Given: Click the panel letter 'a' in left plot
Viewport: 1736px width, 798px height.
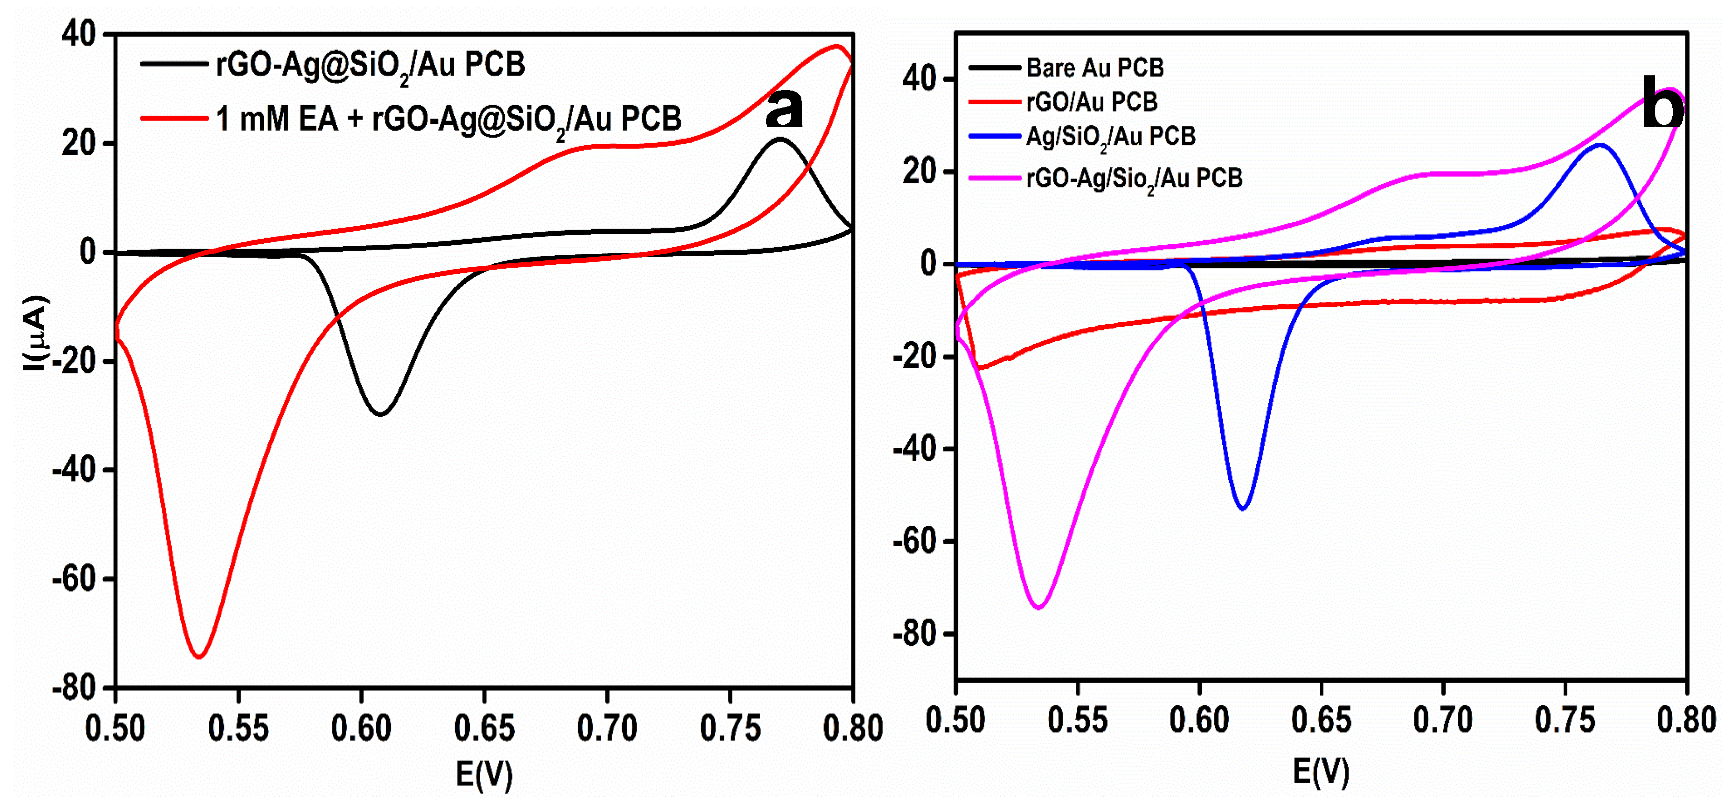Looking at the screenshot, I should coord(784,109).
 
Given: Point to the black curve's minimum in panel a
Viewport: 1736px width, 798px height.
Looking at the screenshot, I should coord(381,414).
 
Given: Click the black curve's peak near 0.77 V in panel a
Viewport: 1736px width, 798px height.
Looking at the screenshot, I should coord(780,139).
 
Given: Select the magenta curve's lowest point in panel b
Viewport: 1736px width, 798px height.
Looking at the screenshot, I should coord(1038,607).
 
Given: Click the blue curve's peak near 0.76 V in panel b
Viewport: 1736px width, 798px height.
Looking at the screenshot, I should coord(1599,145).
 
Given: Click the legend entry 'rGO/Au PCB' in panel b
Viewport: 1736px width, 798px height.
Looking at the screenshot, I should coord(1091,102).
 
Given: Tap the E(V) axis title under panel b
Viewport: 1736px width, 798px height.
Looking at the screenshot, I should coord(1321,771).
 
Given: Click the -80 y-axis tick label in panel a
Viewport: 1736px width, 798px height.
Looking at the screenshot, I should coord(74,688).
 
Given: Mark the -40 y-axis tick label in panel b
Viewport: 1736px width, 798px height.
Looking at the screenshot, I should coord(915,449).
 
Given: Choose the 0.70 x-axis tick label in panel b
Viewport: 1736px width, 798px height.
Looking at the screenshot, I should coord(1443,720).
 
